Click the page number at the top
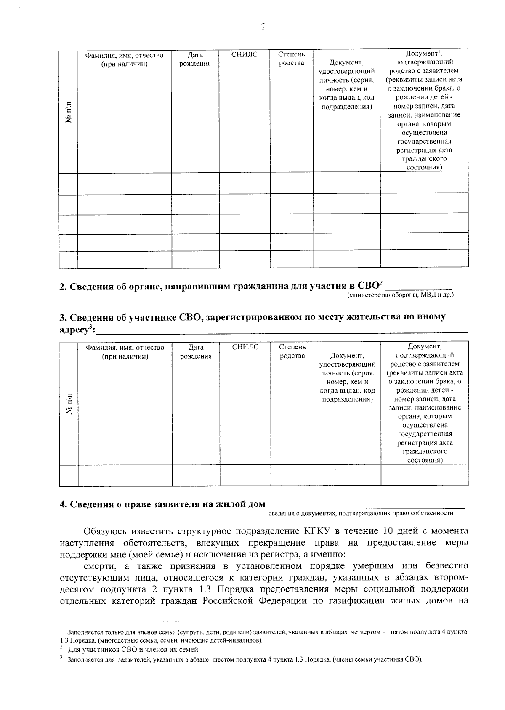[263, 27]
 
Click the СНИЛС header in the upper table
[244, 54]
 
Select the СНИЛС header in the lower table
[245, 347]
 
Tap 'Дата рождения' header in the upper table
[195, 59]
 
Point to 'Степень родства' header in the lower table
[292, 351]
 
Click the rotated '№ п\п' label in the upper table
[69, 112]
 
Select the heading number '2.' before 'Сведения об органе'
[63, 287]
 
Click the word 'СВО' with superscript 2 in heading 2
[368, 286]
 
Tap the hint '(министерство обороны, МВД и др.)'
[400, 295]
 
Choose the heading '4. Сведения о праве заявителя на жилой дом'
[162, 504]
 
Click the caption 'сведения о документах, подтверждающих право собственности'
[361, 513]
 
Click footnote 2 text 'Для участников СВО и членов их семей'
[134, 649]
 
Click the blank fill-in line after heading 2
[418, 287]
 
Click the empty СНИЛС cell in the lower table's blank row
[245, 475]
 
